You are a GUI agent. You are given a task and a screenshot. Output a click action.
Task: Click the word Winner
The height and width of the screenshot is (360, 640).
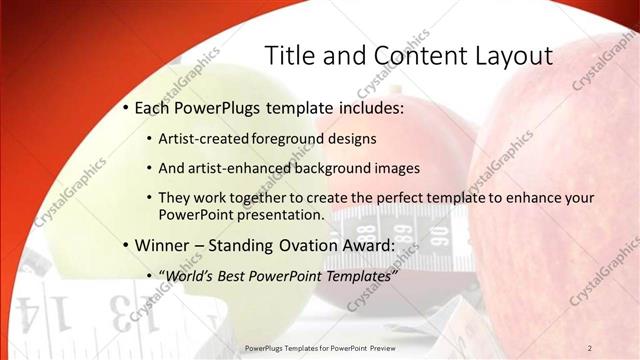point(161,244)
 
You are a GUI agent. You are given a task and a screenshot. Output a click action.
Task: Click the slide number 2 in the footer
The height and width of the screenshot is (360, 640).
point(589,347)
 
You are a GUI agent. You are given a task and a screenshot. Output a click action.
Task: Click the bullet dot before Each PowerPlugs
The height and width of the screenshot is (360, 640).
point(124,107)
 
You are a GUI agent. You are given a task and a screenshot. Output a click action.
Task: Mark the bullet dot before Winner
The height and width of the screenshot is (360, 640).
point(124,245)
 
